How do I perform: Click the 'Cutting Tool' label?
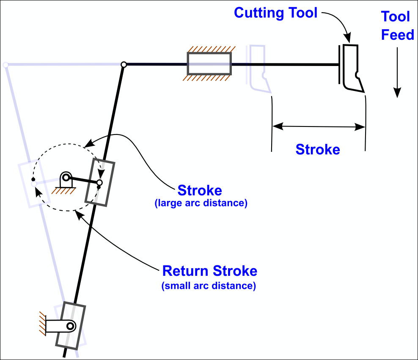pos(275,13)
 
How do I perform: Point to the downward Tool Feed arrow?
pos(397,72)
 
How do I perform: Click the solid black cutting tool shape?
pos(352,68)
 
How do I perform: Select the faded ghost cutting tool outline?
pos(259,68)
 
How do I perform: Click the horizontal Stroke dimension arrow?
pos(319,126)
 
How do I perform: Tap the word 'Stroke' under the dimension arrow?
pos(318,149)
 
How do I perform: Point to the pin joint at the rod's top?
pos(124,65)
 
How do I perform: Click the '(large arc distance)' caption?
pos(201,203)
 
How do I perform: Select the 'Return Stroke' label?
pos(210,271)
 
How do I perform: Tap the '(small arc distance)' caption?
pos(209,286)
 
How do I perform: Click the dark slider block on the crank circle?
pos(100,183)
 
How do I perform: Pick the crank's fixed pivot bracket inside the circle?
pos(65,180)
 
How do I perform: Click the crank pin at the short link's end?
pos(99,183)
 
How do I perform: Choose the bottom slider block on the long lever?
pos(70,325)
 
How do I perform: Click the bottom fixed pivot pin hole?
pos(70,326)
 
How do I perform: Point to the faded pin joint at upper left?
pos(5,65)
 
